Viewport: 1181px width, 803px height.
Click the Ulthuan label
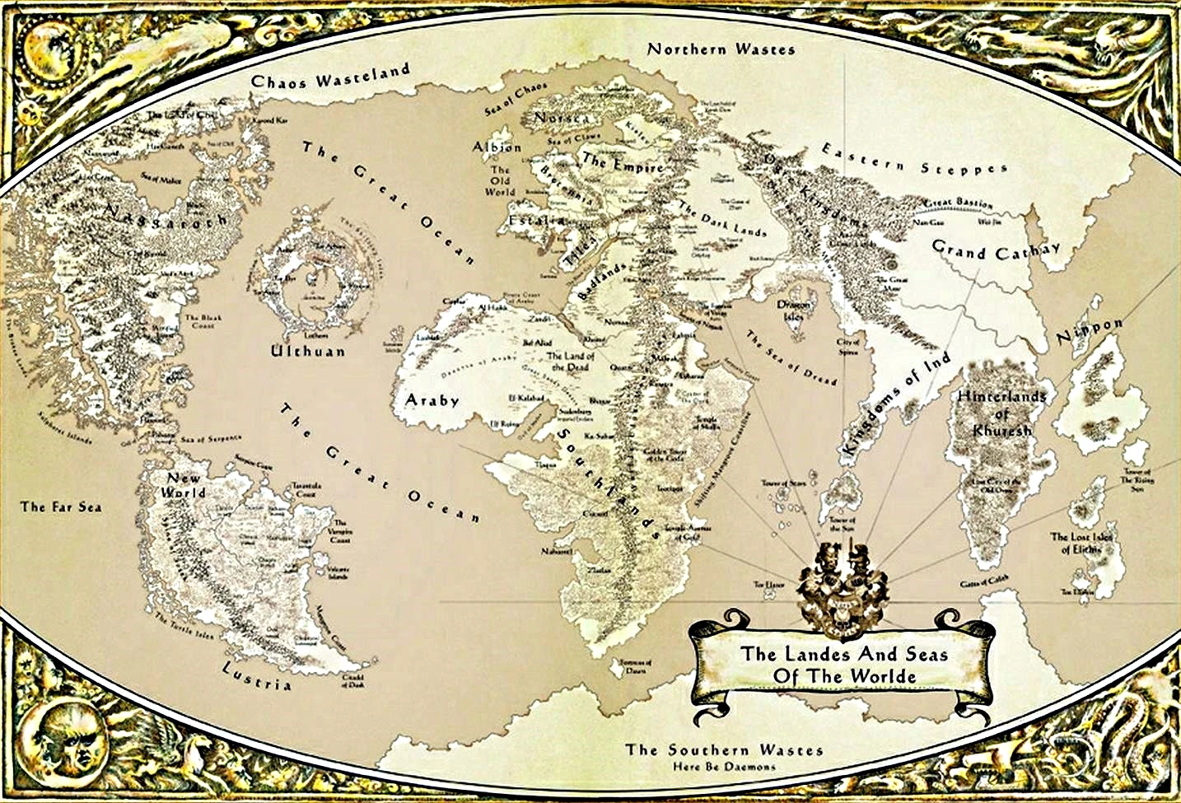[x=308, y=351]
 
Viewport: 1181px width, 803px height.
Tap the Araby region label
[x=432, y=400]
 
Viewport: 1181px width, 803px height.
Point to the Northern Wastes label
[x=721, y=49]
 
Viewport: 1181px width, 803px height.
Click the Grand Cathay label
[x=996, y=250]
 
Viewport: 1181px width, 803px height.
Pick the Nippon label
[x=1089, y=331]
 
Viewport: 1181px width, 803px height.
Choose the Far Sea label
[x=61, y=507]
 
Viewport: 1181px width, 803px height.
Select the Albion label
[x=497, y=147]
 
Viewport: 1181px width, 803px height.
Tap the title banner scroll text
[x=844, y=665]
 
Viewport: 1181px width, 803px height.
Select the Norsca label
[x=562, y=119]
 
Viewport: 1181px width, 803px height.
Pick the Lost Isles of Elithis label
[x=1082, y=543]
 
